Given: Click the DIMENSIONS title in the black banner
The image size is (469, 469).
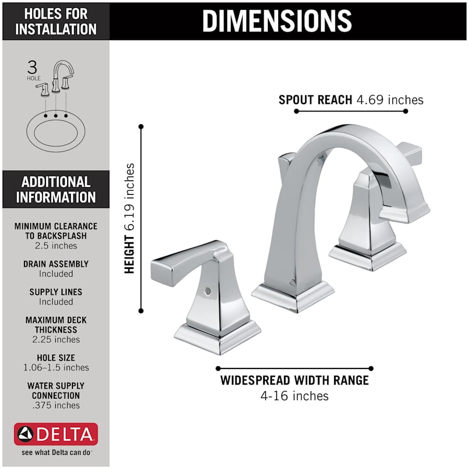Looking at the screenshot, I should (x=277, y=20).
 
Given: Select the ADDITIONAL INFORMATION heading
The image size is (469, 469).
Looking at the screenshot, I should (x=56, y=189).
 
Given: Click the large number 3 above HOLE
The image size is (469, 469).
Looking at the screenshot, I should (x=33, y=67).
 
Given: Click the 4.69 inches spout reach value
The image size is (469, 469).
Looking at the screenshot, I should (x=390, y=100).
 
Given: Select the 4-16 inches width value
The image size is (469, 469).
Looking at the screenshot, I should (x=294, y=396).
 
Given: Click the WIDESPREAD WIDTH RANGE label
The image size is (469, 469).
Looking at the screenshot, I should (x=294, y=380).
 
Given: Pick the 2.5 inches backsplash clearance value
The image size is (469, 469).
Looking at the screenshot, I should (x=56, y=245).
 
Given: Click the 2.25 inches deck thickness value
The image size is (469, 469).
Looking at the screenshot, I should (x=56, y=339).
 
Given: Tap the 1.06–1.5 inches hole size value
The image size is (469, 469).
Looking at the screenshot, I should (x=56, y=367).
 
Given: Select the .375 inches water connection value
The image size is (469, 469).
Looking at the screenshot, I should (x=56, y=405).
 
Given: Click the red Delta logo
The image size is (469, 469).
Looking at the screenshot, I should (x=56, y=434).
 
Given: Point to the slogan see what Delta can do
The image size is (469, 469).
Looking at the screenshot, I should (x=56, y=452).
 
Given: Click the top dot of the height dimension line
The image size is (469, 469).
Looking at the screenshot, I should (x=141, y=126).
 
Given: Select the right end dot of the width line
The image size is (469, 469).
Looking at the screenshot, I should (x=371, y=368).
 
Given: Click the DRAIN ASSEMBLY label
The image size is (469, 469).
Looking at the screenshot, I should (x=56, y=264).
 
